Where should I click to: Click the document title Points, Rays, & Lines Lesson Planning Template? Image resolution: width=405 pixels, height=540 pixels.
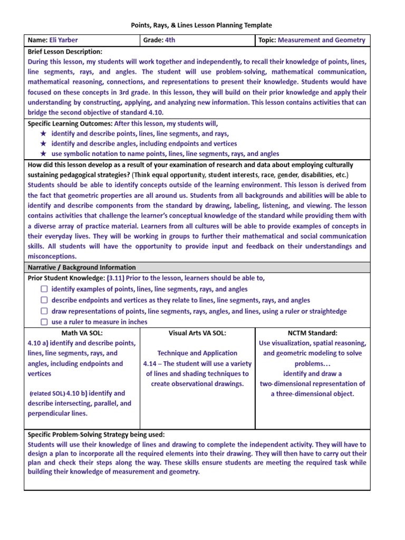click(x=201, y=25)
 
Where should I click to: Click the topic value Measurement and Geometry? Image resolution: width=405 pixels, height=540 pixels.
click(x=321, y=40)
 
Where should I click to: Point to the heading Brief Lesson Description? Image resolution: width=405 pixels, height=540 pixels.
click(x=65, y=52)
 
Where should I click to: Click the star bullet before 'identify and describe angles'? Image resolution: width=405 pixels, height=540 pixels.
click(x=43, y=144)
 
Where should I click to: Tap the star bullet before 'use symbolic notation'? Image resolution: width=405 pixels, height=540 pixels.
click(x=43, y=154)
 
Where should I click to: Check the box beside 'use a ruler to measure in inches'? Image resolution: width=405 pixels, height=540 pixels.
click(x=44, y=322)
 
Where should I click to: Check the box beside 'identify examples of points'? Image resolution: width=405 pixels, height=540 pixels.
click(x=44, y=289)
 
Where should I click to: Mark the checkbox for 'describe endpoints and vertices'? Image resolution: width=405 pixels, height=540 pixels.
click(x=44, y=300)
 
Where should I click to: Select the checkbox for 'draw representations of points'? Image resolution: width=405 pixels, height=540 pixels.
click(x=44, y=311)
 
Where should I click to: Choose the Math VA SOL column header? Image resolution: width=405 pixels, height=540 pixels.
click(x=82, y=333)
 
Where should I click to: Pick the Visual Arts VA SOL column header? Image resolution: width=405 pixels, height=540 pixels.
click(x=197, y=333)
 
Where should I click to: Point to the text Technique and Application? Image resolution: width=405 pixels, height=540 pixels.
click(x=197, y=353)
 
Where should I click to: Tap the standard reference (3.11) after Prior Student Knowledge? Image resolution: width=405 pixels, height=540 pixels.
click(x=115, y=278)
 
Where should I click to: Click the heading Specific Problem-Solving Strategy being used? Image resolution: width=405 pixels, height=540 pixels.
click(x=96, y=435)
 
